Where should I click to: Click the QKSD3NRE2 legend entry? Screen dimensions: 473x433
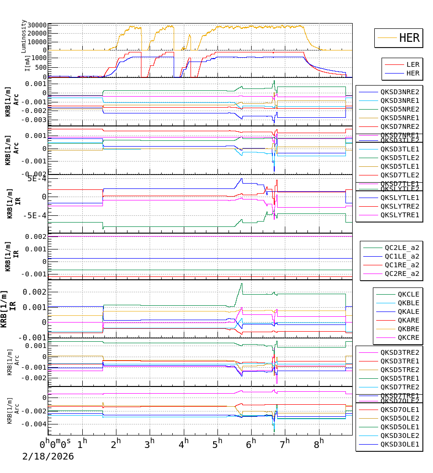[400, 92]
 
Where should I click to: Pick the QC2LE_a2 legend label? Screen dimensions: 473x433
[402, 248]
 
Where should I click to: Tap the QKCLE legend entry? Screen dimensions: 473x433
[408, 294]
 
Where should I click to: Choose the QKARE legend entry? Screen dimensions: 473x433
[408, 320]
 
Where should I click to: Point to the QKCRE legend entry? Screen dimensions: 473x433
[408, 337]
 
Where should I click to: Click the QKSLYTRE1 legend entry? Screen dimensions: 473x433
[400, 215]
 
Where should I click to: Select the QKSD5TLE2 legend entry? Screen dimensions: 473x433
[400, 158]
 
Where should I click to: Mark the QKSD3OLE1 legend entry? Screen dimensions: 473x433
[400, 444]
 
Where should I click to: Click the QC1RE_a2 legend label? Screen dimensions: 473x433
[402, 265]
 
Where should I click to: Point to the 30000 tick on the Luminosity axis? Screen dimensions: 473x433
[37, 25]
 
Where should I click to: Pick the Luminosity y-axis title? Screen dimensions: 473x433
[24, 36]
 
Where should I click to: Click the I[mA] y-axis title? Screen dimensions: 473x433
[27, 63]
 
